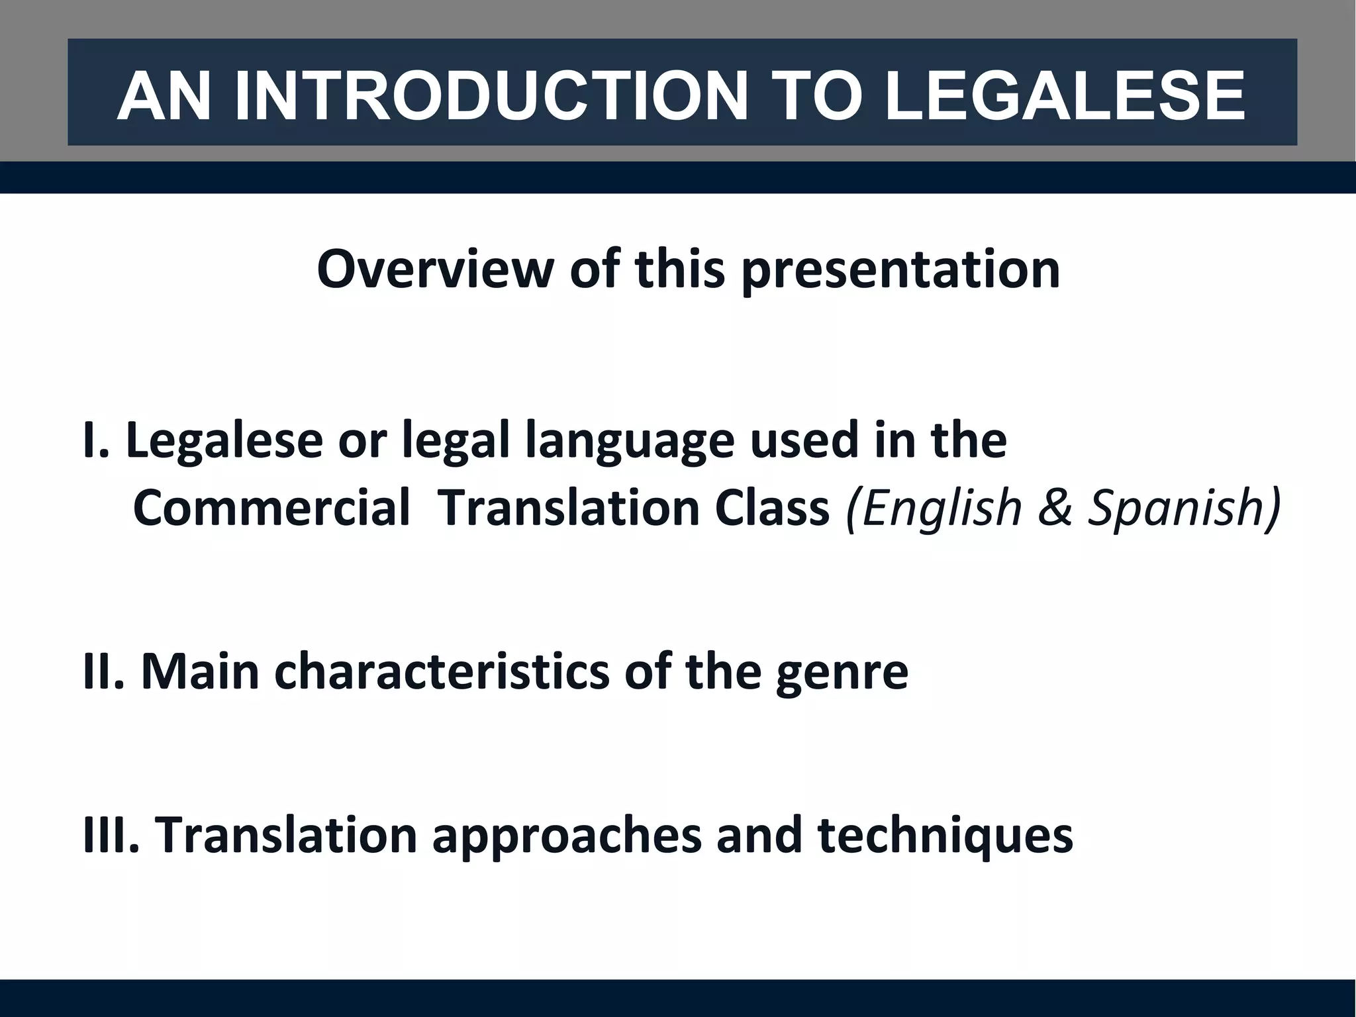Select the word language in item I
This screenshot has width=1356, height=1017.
[x=630, y=442]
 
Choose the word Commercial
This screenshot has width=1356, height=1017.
[x=271, y=508]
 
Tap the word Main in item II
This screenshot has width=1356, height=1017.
[x=200, y=671]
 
